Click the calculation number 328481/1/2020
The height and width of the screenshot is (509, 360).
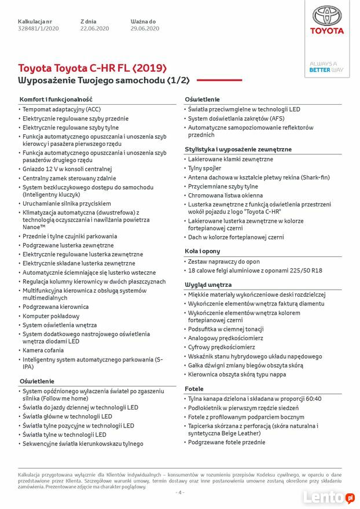point(38,28)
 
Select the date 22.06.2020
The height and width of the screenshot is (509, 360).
point(94,28)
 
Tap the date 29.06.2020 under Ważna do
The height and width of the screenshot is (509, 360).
point(145,28)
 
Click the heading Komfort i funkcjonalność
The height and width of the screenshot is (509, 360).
point(56,99)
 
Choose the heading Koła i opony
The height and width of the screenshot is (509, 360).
point(203,252)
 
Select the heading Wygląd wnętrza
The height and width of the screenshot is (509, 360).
point(208,285)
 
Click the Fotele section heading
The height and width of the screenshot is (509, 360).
point(194,389)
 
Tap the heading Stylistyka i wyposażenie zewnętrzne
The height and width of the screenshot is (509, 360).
point(238,149)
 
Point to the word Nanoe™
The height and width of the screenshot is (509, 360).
point(34,227)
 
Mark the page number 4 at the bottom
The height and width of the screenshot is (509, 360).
point(180,493)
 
